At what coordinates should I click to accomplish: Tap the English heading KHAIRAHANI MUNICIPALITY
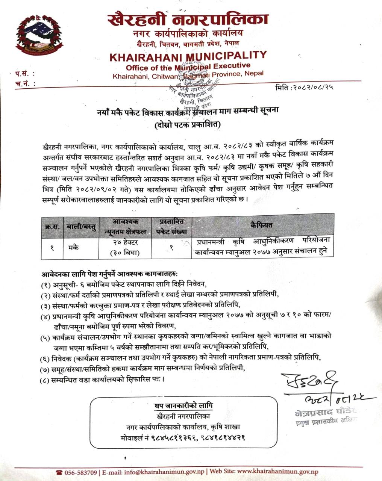(x=188, y=56)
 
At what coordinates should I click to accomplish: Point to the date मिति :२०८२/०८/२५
(x=305, y=88)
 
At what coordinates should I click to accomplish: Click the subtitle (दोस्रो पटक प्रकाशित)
(x=188, y=124)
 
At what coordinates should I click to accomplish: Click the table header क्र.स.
(x=52, y=226)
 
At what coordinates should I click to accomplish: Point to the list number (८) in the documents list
(x=46, y=380)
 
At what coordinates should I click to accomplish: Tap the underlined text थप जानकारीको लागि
(x=183, y=405)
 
